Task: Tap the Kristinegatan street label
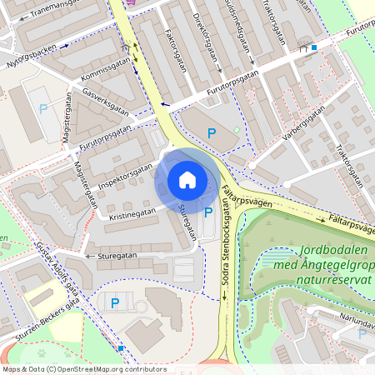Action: tap(131, 213)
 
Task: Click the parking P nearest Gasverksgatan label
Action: tap(42, 108)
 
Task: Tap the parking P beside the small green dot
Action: tap(211, 133)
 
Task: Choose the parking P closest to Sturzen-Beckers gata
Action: tap(115, 303)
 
